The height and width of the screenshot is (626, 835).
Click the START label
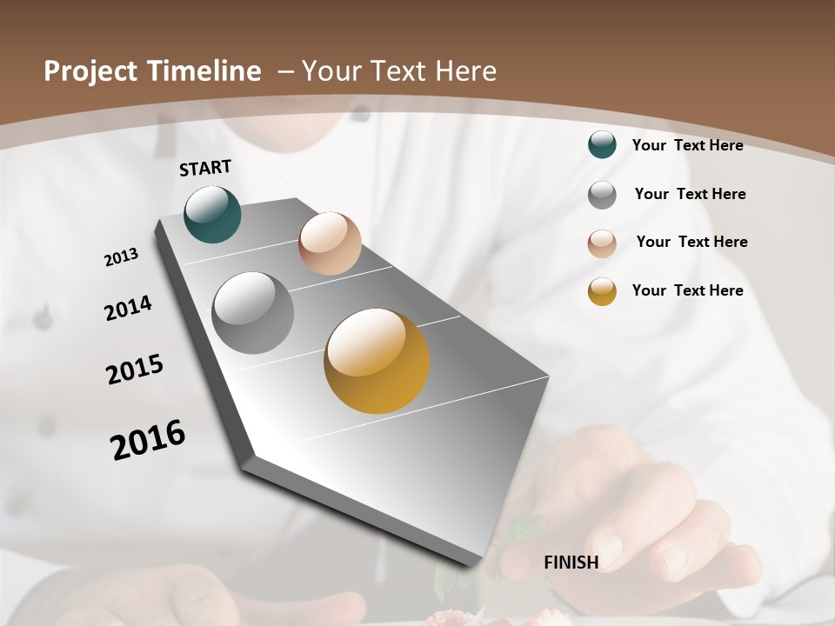pyautogui.click(x=205, y=168)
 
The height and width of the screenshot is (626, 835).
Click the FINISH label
pyautogui.click(x=571, y=563)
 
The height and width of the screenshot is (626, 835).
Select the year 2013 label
pyautogui.click(x=121, y=257)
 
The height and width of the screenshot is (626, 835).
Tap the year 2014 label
pyautogui.click(x=128, y=309)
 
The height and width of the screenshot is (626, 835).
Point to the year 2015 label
pyautogui.click(x=135, y=370)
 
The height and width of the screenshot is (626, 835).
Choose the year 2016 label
pyautogui.click(x=148, y=440)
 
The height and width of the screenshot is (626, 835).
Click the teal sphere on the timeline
pyautogui.click(x=212, y=214)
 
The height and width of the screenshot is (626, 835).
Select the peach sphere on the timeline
pyautogui.click(x=330, y=243)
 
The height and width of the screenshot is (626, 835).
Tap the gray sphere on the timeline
pyautogui.click(x=252, y=313)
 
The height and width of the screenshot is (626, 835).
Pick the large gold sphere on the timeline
pyautogui.click(x=377, y=361)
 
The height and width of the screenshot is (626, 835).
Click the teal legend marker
pyautogui.click(x=602, y=144)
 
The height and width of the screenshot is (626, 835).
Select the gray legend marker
pyautogui.click(x=602, y=195)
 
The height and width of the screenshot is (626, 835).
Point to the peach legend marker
pyautogui.click(x=602, y=243)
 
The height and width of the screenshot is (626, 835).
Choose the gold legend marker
pyautogui.click(x=602, y=291)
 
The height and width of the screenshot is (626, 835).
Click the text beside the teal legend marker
pyautogui.click(x=687, y=145)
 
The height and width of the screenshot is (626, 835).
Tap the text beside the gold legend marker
pyautogui.click(x=687, y=290)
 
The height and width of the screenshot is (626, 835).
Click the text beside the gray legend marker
pyautogui.click(x=690, y=194)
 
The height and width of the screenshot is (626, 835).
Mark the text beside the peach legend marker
pyautogui.click(x=691, y=242)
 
